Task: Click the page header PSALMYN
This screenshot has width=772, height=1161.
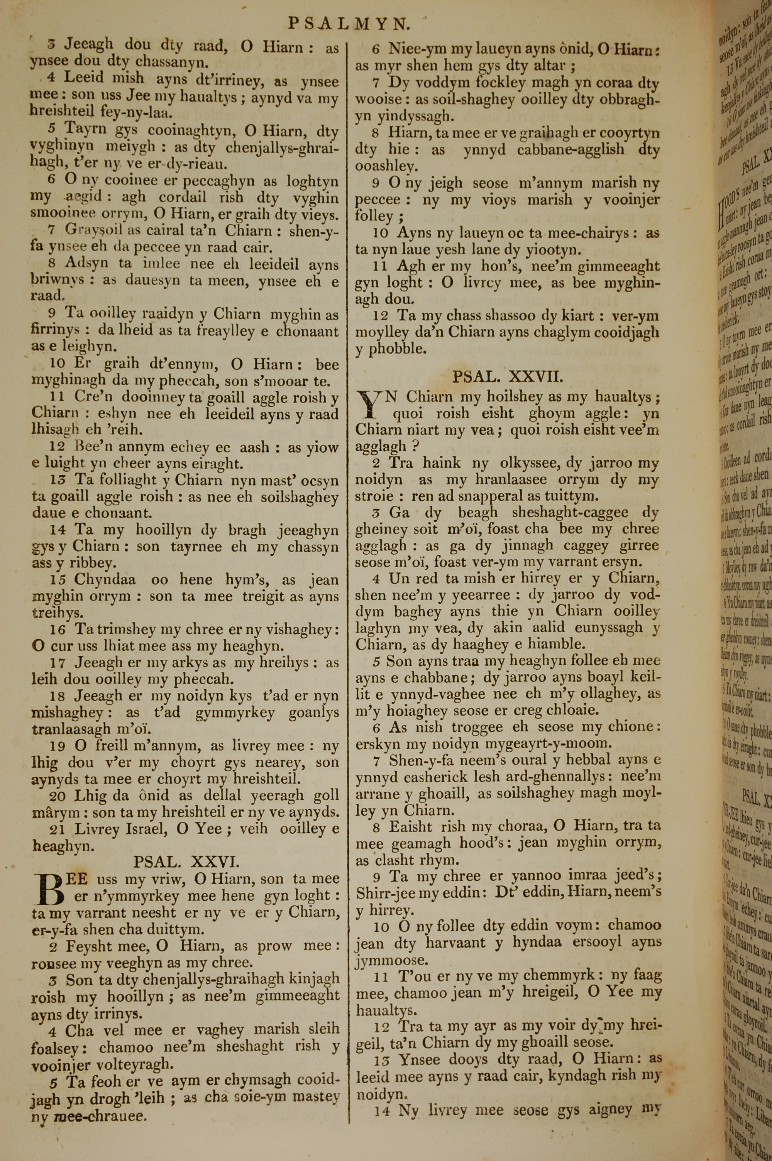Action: tap(349, 23)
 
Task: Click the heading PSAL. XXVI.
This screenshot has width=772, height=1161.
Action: tap(186, 848)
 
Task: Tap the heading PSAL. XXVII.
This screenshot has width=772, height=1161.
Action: tap(507, 377)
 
